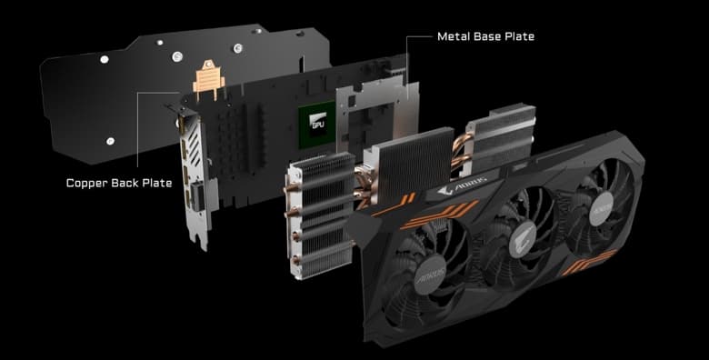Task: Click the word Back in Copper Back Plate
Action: pos(135,182)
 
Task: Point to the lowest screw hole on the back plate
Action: pos(108,141)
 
